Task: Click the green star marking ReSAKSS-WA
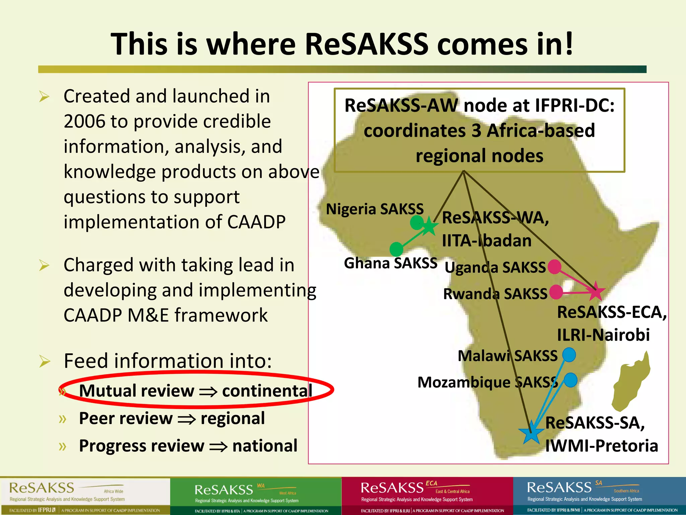click(x=429, y=226)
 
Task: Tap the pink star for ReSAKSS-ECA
click(x=596, y=291)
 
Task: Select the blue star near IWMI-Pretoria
click(x=531, y=433)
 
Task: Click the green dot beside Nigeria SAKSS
click(x=417, y=222)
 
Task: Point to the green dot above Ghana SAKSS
click(x=397, y=249)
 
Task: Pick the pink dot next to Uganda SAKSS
click(x=554, y=267)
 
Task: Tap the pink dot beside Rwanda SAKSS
click(x=556, y=292)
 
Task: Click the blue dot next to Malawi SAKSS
click(x=569, y=355)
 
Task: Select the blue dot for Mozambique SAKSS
click(x=570, y=380)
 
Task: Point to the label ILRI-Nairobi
click(x=603, y=335)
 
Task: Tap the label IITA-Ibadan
click(x=487, y=241)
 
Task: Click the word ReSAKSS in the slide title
click(x=366, y=44)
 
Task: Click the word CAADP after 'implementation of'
click(x=256, y=222)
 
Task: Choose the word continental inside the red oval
click(x=267, y=391)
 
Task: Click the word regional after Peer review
click(x=233, y=418)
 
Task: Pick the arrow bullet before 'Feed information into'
click(x=44, y=361)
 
